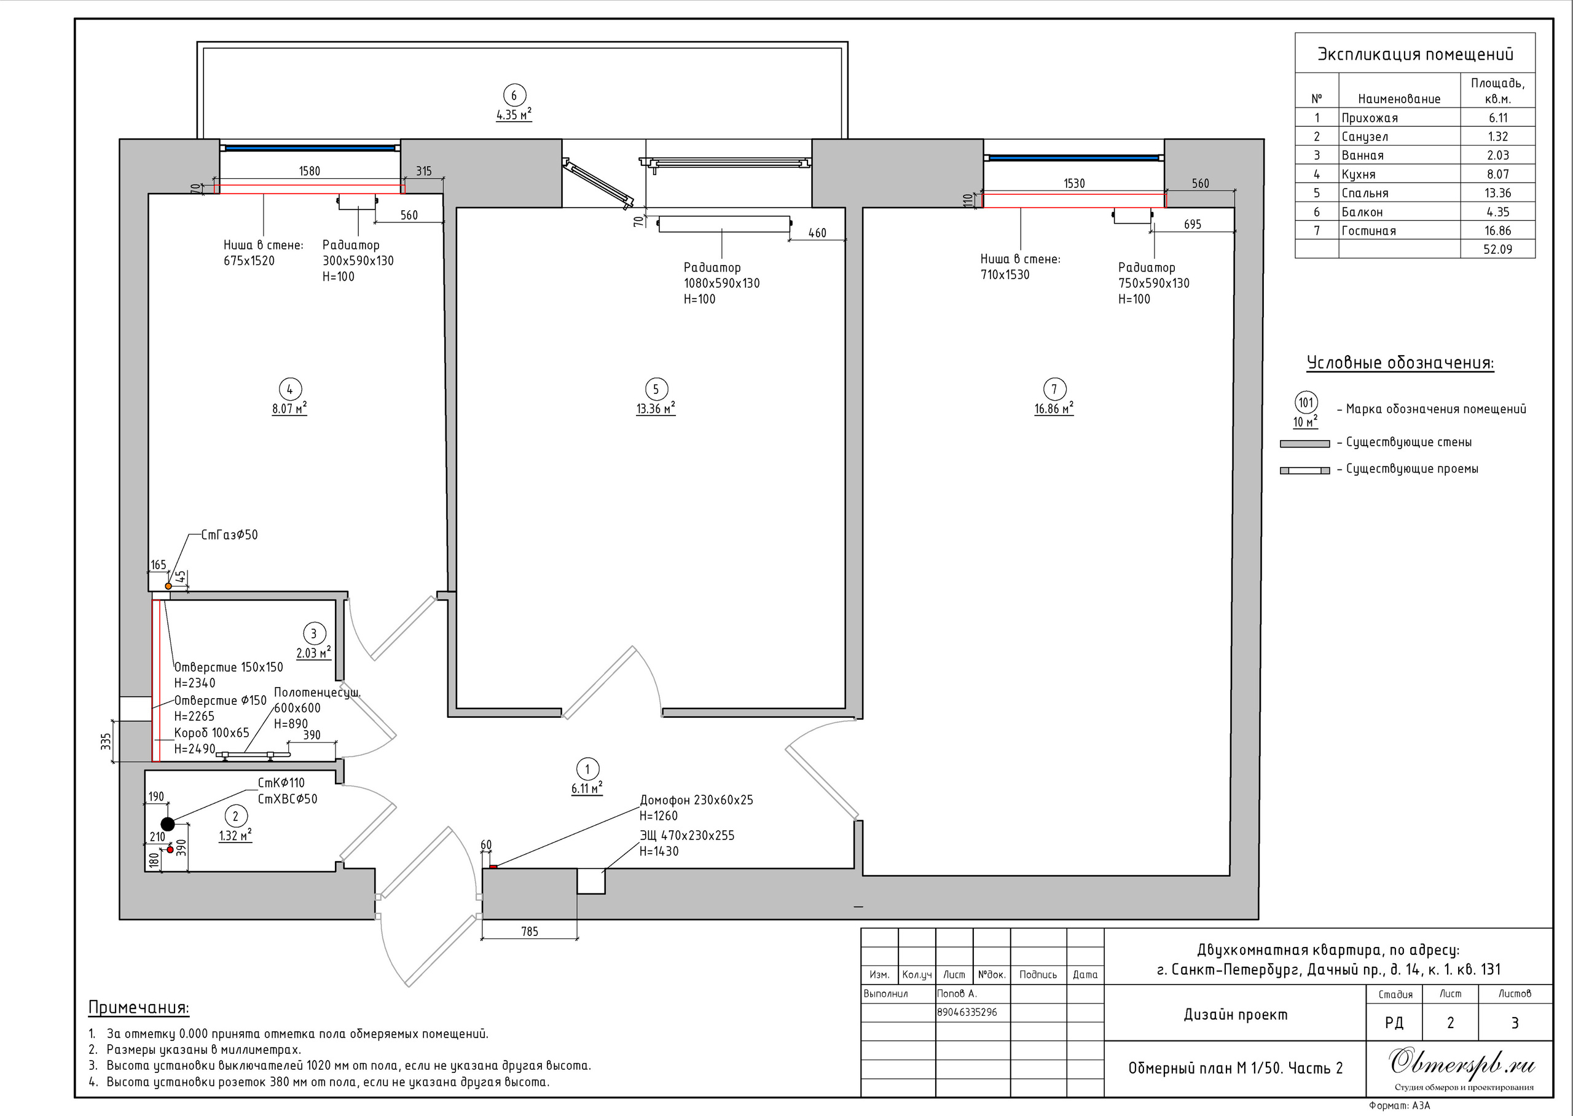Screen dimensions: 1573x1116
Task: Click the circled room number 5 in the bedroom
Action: [x=656, y=389]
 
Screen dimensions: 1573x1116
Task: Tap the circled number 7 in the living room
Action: [x=1054, y=389]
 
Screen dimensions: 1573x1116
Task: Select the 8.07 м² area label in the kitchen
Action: [x=289, y=408]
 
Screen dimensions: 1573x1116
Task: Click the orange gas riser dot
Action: [x=168, y=586]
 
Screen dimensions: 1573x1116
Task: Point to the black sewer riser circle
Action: [x=168, y=824]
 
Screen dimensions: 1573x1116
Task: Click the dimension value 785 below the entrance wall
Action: [x=530, y=931]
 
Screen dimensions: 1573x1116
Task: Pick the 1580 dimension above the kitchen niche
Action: [x=309, y=170]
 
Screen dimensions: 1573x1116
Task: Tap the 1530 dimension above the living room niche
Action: [x=1074, y=183]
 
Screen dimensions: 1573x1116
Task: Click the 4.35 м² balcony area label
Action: [x=514, y=115]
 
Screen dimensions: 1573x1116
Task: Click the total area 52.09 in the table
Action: [x=1497, y=250]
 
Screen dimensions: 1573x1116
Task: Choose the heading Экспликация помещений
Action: [x=1415, y=54]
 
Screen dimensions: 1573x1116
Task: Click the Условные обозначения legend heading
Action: [x=1400, y=363]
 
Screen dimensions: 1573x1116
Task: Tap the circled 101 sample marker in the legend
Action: [x=1306, y=402]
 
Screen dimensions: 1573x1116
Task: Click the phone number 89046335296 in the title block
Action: [x=967, y=1012]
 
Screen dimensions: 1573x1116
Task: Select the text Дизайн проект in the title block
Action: [x=1235, y=1015]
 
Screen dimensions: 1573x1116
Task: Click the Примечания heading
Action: [x=139, y=1007]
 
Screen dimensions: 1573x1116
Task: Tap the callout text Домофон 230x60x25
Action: [x=697, y=800]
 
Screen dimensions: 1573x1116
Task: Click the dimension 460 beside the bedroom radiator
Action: [x=817, y=233]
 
